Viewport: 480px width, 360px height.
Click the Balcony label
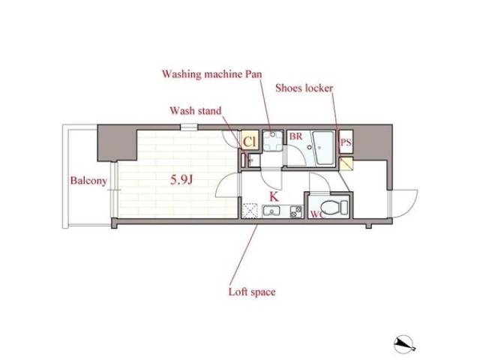point(88,181)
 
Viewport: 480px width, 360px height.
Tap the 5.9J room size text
point(181,180)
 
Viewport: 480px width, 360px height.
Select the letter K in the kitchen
point(274,196)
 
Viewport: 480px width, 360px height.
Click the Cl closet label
point(249,142)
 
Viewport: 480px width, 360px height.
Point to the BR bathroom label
point(295,136)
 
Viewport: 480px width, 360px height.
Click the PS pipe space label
point(346,142)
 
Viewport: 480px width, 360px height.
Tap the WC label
point(316,214)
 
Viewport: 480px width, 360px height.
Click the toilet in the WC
point(335,207)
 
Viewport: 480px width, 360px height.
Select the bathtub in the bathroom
point(323,148)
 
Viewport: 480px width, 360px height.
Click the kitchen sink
point(271,211)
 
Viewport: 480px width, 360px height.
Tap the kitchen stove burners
point(295,211)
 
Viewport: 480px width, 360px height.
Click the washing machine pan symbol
point(272,141)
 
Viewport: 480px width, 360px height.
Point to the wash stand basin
point(253,160)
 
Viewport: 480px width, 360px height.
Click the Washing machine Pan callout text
point(211,74)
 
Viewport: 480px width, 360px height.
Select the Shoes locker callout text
point(304,88)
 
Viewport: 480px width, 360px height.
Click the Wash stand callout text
point(196,110)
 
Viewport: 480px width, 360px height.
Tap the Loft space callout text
point(252,292)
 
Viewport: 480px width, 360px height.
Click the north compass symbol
point(404,344)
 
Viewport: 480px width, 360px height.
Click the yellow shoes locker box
point(346,163)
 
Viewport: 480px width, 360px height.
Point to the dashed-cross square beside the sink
point(250,211)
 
